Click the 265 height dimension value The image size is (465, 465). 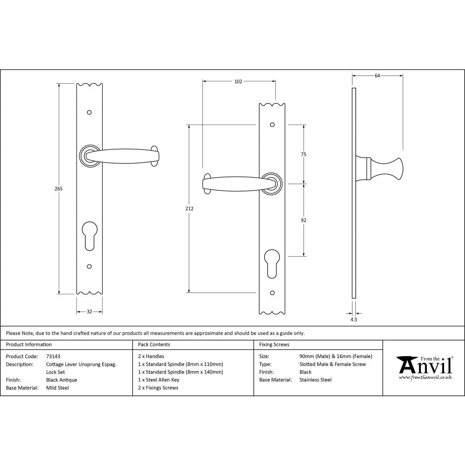click(x=58, y=189)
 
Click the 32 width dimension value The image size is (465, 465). click(x=89, y=312)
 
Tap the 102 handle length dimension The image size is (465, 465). click(x=238, y=81)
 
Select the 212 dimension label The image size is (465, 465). click(x=189, y=209)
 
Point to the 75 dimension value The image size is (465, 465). click(x=304, y=154)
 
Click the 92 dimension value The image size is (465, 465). click(x=304, y=220)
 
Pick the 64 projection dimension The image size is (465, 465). click(x=377, y=75)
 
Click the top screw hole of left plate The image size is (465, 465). click(x=89, y=113)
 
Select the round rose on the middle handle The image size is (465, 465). click(x=272, y=183)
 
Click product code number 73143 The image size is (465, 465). click(x=53, y=356)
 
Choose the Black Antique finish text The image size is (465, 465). click(x=62, y=380)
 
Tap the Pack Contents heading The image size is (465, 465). click(x=154, y=345)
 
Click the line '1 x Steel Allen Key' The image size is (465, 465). click(x=159, y=380)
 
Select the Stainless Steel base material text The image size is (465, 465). click(x=316, y=380)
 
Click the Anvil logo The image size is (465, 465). click(x=424, y=367)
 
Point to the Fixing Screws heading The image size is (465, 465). click(x=274, y=345)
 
